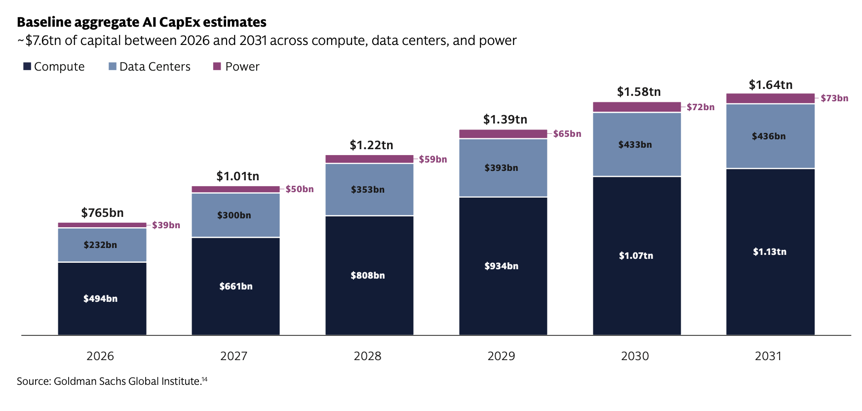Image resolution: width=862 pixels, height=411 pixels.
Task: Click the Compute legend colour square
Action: (27, 66)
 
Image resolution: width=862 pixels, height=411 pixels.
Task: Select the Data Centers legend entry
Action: (150, 67)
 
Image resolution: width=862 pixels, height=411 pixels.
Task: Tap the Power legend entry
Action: (236, 67)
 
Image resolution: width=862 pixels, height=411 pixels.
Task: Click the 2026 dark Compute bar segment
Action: (102, 298)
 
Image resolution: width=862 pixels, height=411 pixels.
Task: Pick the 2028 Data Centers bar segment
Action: (369, 189)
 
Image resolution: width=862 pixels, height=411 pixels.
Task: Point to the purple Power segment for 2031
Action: (770, 98)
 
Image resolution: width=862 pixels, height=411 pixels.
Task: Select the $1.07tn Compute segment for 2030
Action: (637, 255)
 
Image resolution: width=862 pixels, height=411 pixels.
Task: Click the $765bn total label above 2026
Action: (102, 213)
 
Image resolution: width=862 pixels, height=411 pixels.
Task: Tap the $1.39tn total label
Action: (505, 120)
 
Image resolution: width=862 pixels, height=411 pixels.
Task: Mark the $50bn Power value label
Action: (300, 189)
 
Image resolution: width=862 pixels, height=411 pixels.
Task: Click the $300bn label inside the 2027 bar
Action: (234, 215)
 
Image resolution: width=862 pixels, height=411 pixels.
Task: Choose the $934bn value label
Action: (501, 266)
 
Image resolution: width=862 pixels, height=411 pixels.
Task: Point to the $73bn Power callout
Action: (834, 98)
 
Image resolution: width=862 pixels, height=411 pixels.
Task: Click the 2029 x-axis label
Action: (501, 356)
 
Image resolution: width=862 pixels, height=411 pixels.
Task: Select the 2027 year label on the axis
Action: (234, 356)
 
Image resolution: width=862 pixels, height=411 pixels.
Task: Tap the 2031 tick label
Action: (768, 356)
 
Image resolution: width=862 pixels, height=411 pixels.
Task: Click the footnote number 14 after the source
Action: (204, 379)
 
